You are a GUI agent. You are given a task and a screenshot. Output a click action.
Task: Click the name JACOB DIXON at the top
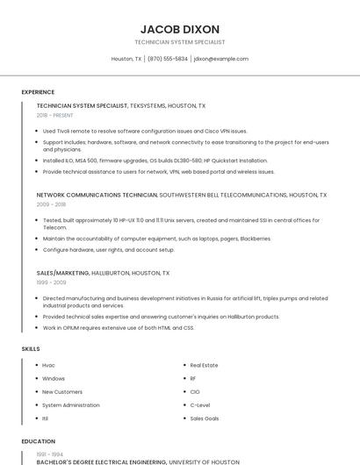(x=179, y=29)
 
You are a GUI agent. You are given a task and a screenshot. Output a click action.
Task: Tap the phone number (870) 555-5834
(x=168, y=59)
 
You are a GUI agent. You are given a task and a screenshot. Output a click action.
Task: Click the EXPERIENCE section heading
(x=38, y=92)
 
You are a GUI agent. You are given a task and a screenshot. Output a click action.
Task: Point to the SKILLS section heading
(x=31, y=349)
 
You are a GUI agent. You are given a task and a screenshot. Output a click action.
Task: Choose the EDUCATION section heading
(x=38, y=441)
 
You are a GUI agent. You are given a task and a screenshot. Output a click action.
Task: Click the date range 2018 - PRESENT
(x=54, y=115)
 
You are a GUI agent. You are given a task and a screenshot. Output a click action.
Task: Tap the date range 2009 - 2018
(x=50, y=204)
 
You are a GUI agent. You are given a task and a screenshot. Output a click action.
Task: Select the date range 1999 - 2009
(x=51, y=283)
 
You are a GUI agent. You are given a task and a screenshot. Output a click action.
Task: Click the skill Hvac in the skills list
(x=48, y=365)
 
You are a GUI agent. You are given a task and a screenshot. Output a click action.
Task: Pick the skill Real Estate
(x=204, y=365)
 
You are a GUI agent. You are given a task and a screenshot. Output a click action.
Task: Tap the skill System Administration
(x=71, y=405)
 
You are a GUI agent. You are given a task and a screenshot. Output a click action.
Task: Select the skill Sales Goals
(x=205, y=418)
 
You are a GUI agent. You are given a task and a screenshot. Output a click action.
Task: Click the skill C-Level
(x=199, y=405)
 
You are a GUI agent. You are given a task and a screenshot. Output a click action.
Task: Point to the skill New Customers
(x=62, y=392)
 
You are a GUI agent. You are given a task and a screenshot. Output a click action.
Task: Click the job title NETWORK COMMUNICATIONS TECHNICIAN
(x=97, y=195)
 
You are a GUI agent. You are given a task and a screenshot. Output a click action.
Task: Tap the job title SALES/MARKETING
(x=63, y=273)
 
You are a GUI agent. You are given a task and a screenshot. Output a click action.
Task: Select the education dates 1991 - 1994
(x=49, y=454)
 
